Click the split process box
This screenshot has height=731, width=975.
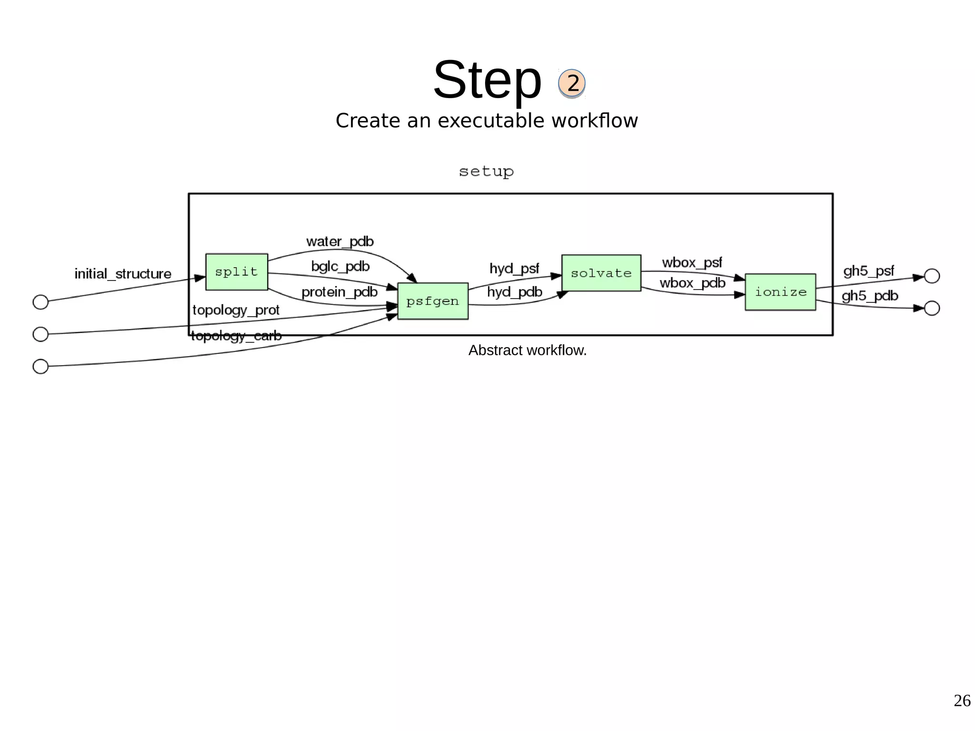click(237, 272)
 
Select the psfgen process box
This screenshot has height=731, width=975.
click(433, 301)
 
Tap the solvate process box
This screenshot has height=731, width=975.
click(601, 273)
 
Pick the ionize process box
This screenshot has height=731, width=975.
click(780, 292)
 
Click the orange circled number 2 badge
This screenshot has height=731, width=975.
click(572, 83)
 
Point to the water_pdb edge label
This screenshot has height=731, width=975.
click(340, 241)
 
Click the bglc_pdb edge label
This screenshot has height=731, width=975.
click(340, 266)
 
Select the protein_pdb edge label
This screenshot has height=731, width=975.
click(339, 291)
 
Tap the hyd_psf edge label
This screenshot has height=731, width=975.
click(514, 269)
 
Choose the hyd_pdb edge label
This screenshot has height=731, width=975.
click(515, 291)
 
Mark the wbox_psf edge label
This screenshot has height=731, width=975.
click(692, 262)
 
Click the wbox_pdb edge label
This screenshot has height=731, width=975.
click(692, 283)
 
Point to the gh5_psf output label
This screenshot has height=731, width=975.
click(869, 271)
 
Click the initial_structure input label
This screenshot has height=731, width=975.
click(123, 274)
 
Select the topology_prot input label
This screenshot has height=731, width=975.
click(236, 310)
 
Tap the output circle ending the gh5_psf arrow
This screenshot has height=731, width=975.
click(932, 276)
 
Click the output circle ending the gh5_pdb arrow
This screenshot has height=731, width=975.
click(932, 308)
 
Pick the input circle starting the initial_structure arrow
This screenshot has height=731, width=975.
click(40, 302)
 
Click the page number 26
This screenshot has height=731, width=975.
click(962, 701)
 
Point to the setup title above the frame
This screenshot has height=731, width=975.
click(486, 171)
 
